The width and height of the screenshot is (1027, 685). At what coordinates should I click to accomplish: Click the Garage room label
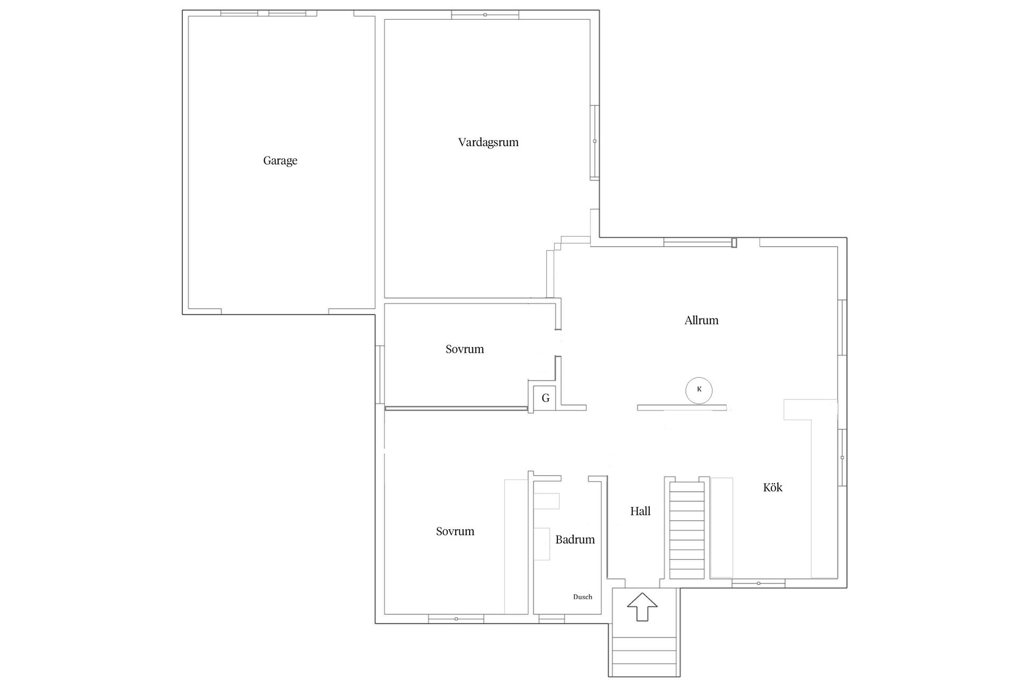tap(280, 161)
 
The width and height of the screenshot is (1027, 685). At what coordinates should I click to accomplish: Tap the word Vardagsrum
tap(488, 142)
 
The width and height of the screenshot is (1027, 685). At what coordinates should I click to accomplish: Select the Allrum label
tap(701, 320)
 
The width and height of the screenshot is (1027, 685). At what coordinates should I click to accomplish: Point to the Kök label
tap(772, 487)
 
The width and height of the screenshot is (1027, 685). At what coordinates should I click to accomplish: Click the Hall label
tap(640, 511)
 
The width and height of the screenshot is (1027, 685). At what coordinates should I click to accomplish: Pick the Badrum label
tap(575, 539)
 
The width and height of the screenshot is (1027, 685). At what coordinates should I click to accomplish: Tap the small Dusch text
tap(583, 597)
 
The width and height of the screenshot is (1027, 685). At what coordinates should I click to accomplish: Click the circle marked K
tap(699, 390)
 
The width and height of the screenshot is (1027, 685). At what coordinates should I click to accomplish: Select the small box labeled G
tap(545, 398)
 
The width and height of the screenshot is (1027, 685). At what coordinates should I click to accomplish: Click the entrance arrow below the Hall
tap(642, 606)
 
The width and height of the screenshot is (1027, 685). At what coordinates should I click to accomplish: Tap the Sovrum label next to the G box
tap(464, 349)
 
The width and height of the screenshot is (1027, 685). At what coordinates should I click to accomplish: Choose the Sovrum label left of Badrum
tap(455, 531)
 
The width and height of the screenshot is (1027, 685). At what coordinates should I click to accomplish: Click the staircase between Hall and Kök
tap(687, 530)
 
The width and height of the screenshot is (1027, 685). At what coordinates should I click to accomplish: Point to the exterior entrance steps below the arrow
tap(644, 657)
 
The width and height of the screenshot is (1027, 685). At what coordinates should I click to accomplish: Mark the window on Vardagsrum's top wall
tap(485, 15)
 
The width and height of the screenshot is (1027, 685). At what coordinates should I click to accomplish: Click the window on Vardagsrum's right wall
tap(594, 142)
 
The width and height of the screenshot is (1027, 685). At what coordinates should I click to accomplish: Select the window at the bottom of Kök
tap(758, 583)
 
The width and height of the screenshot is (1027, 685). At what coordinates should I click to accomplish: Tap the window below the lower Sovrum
tap(456, 619)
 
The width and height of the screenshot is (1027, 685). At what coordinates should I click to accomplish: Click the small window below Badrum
tap(551, 619)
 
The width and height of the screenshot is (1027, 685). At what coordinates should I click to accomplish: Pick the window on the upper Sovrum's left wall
tap(380, 375)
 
